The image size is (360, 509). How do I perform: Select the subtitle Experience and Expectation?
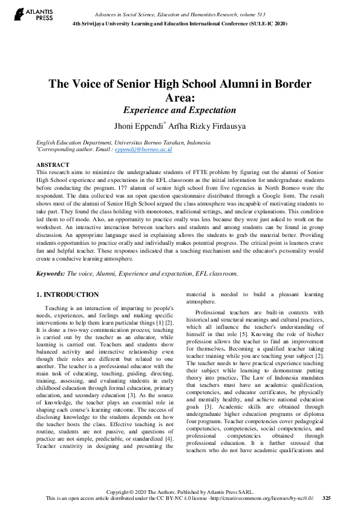180,110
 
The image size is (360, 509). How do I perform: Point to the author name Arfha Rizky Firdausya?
202,126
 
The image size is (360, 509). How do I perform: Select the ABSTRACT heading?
53,164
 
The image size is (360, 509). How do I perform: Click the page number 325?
327,498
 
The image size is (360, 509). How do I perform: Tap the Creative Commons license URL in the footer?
263,498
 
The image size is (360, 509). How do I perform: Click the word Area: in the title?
180,97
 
